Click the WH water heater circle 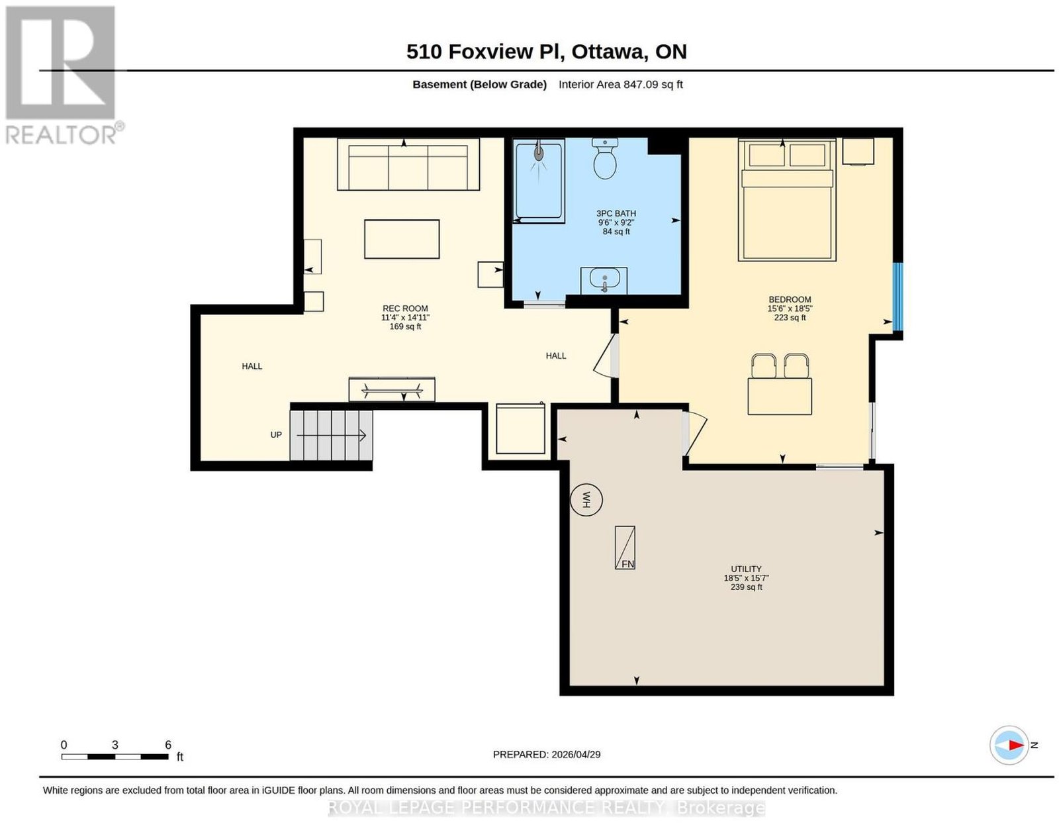(x=586, y=500)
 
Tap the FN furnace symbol (x=625, y=548)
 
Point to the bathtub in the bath (x=539, y=180)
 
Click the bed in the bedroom (x=787, y=200)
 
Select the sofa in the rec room (x=408, y=164)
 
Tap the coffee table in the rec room (x=402, y=239)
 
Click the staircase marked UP (x=332, y=435)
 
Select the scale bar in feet (x=115, y=757)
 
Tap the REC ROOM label (x=405, y=309)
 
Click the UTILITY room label (x=746, y=569)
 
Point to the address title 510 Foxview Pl (x=485, y=52)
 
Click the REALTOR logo (x=64, y=75)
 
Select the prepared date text (x=547, y=755)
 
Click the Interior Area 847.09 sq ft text (x=620, y=84)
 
